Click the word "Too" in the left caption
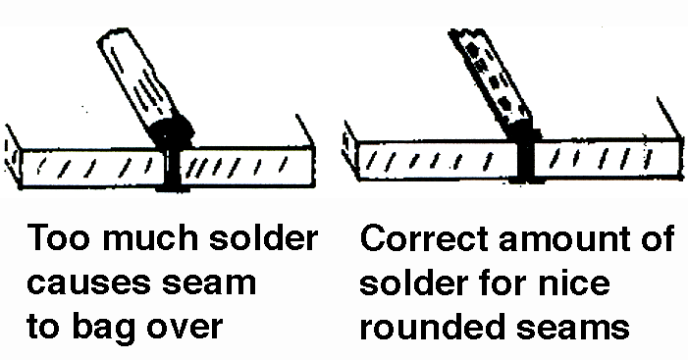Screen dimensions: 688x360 tap(59, 237)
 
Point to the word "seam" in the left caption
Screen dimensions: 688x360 tap(209, 283)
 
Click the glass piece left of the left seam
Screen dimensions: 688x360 tap(92, 168)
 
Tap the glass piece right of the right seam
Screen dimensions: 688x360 tap(608, 158)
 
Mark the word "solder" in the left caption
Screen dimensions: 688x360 tap(263, 237)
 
